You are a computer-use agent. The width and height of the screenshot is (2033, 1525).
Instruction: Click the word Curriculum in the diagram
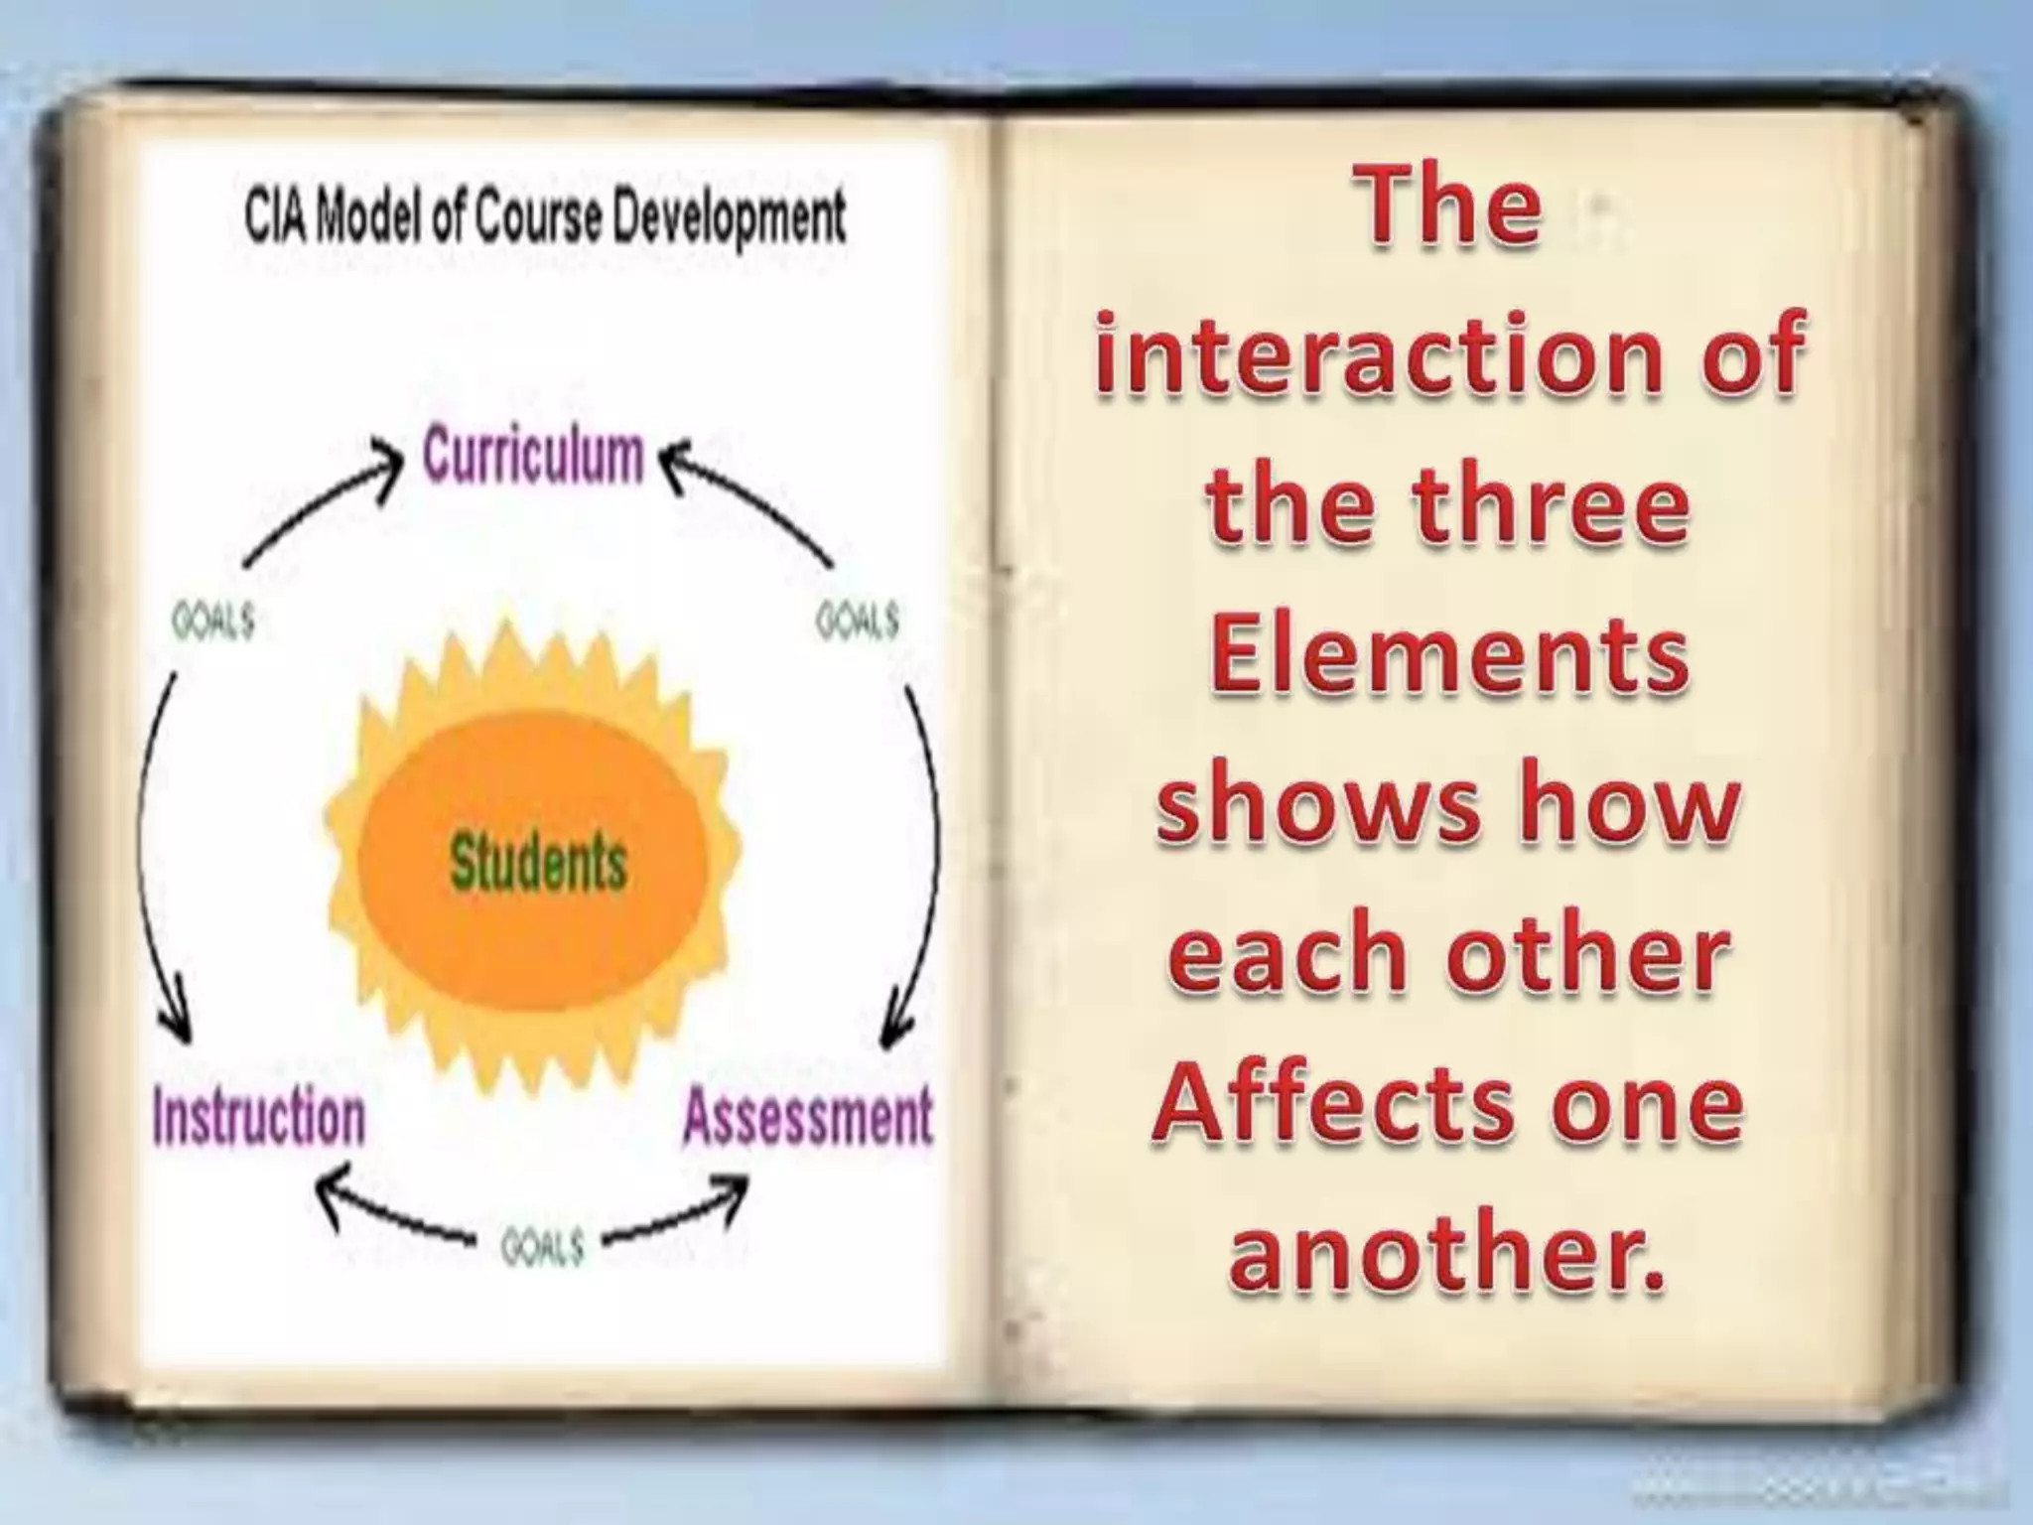click(533, 458)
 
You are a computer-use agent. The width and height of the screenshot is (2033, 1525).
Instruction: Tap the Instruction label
click(259, 1117)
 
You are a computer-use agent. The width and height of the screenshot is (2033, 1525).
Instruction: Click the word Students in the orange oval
click(538, 862)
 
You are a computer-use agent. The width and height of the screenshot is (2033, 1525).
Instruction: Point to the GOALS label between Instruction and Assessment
click(542, 1247)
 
